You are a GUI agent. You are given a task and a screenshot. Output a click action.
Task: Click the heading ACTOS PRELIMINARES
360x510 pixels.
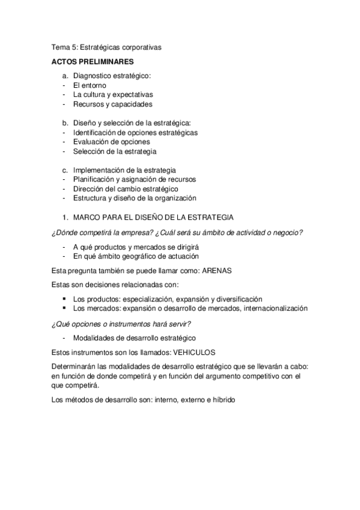pos(92,61)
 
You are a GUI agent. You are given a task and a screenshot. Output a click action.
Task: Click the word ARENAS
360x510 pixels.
pos(216,271)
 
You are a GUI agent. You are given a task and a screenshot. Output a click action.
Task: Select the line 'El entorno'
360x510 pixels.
pos(90,85)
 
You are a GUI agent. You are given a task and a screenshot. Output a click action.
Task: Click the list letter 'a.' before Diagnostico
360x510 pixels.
pos(66,76)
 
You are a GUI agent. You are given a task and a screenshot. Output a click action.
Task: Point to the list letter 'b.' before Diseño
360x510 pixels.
pos(66,123)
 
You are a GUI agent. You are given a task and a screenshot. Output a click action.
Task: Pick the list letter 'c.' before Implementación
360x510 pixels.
pos(66,170)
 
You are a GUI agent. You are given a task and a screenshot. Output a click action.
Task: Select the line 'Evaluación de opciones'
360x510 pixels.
pos(112,141)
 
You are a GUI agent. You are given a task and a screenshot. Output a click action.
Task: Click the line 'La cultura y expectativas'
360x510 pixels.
pos(113,94)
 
